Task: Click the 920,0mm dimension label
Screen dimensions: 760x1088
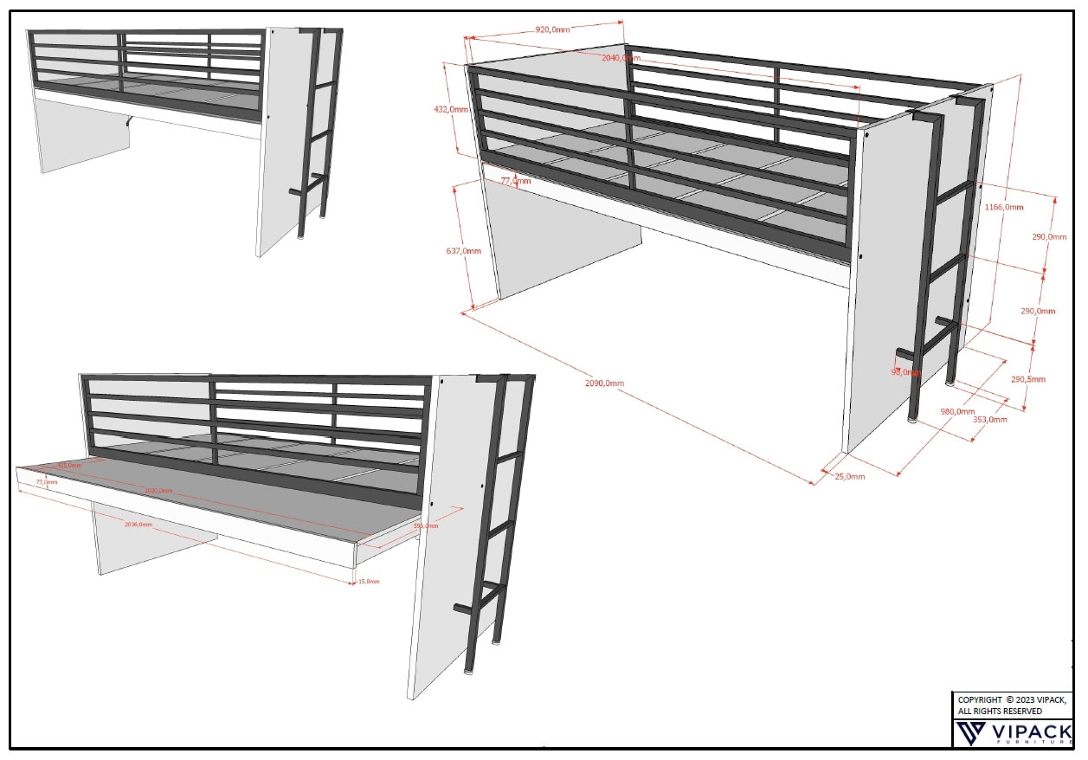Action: pyautogui.click(x=553, y=29)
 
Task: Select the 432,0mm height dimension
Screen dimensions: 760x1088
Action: pyautogui.click(x=450, y=110)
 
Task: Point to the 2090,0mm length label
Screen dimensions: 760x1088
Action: pyautogui.click(x=605, y=383)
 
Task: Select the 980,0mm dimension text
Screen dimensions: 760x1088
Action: pyautogui.click(x=957, y=411)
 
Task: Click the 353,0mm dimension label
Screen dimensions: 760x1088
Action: pyautogui.click(x=990, y=420)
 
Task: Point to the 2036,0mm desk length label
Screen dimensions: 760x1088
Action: pyautogui.click(x=138, y=525)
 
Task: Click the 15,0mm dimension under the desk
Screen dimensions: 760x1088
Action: pyautogui.click(x=368, y=582)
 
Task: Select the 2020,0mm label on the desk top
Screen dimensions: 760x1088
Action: pyautogui.click(x=158, y=491)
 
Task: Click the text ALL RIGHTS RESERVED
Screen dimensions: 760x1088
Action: pyautogui.click(x=1000, y=712)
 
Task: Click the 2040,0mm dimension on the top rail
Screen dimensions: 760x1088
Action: pyautogui.click(x=621, y=58)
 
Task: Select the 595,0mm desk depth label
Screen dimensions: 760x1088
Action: pyautogui.click(x=425, y=525)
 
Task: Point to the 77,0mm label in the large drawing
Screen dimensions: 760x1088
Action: pyautogui.click(x=516, y=181)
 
